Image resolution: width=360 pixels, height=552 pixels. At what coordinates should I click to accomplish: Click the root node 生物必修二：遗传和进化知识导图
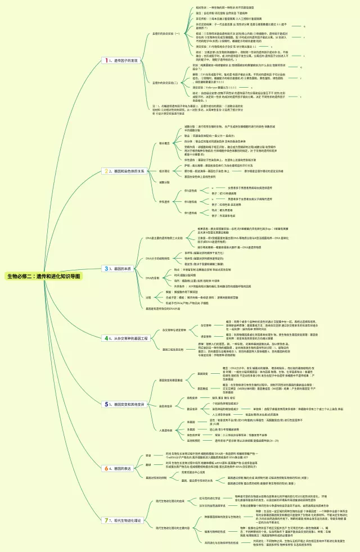43,277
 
